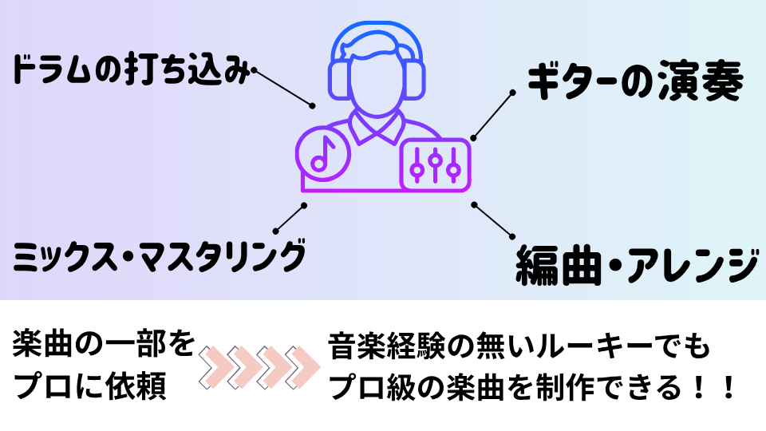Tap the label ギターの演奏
coord(635,82)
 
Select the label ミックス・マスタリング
coord(160,257)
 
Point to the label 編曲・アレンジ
coord(634,264)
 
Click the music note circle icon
coord(322,154)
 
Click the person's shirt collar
coord(376,128)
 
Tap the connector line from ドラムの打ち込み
coord(283,88)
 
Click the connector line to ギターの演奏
coord(492,116)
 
